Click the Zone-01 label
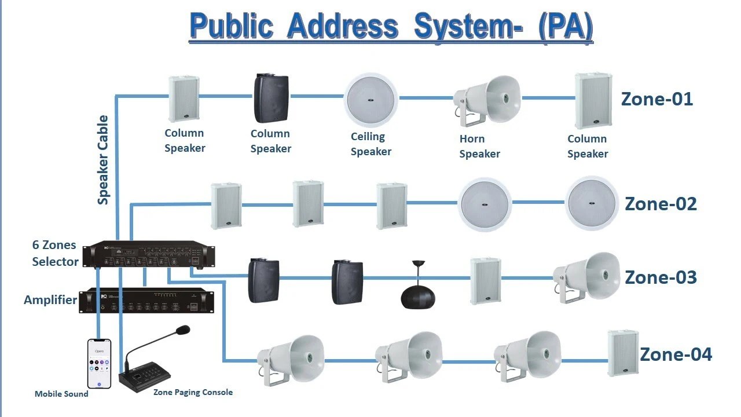(656, 99)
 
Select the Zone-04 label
(676, 354)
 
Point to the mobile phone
(99, 363)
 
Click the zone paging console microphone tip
(183, 330)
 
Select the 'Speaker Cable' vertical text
(103, 160)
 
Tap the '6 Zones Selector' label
(55, 254)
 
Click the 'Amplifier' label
(50, 300)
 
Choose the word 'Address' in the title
(343, 26)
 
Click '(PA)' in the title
(565, 26)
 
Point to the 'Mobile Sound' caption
(61, 394)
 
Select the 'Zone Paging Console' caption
(193, 392)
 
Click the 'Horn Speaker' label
(479, 147)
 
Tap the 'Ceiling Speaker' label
(370, 144)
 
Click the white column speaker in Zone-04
(623, 353)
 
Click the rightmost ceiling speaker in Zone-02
(590, 202)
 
